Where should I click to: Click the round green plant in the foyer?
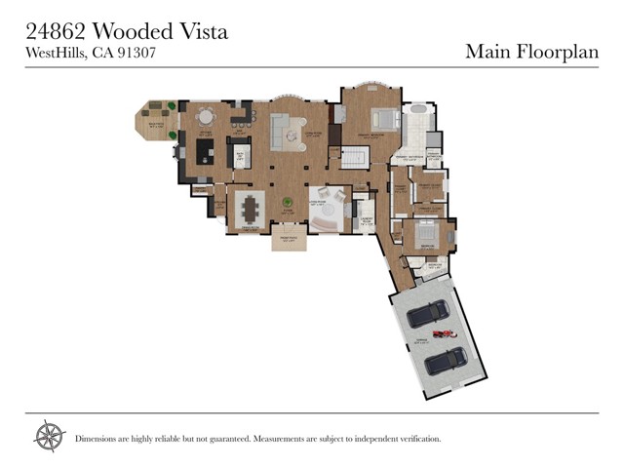point(287,203)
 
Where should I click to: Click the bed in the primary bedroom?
point(383,120)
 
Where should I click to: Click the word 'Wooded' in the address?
point(143,31)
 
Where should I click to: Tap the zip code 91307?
point(138,54)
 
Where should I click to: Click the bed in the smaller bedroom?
point(426,234)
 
